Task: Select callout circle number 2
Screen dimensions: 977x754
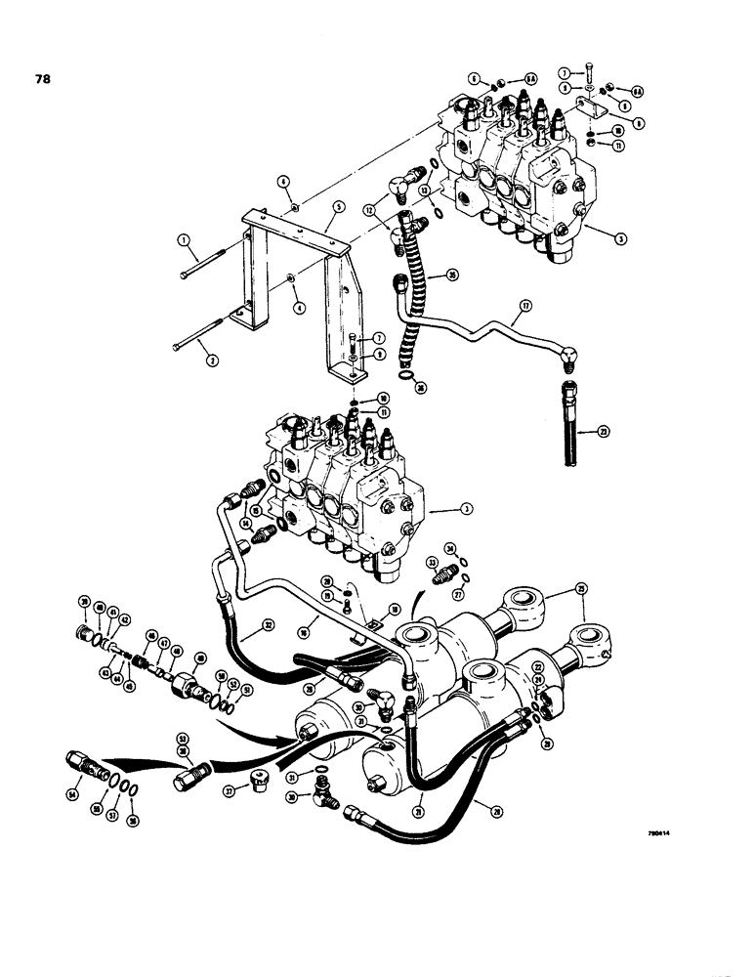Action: (212, 360)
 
